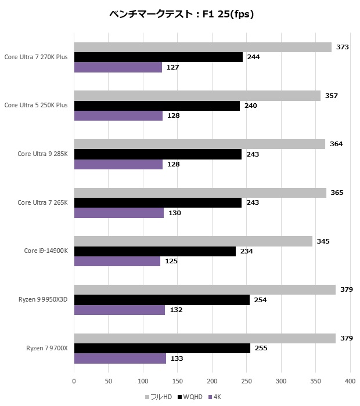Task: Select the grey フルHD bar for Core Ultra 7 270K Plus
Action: [x=203, y=48]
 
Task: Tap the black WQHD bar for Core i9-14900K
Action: [x=154, y=251]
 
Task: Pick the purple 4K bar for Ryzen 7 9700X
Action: [x=120, y=358]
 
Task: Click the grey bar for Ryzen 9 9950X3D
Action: [x=204, y=290]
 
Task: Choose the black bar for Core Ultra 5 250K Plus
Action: [x=157, y=106]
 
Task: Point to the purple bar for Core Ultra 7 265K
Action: [x=119, y=213]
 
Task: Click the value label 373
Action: [x=342, y=47]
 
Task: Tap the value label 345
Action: [x=323, y=241]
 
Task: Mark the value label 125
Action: [x=171, y=261]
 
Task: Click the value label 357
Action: [x=331, y=96]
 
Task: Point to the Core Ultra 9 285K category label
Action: [x=42, y=154]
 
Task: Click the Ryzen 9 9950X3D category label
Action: [x=43, y=300]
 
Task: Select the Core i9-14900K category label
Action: [x=46, y=251]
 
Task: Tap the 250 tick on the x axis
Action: [x=246, y=381]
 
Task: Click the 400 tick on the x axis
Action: [x=350, y=381]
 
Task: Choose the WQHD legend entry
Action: [x=190, y=397]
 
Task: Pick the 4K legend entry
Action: [x=214, y=397]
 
